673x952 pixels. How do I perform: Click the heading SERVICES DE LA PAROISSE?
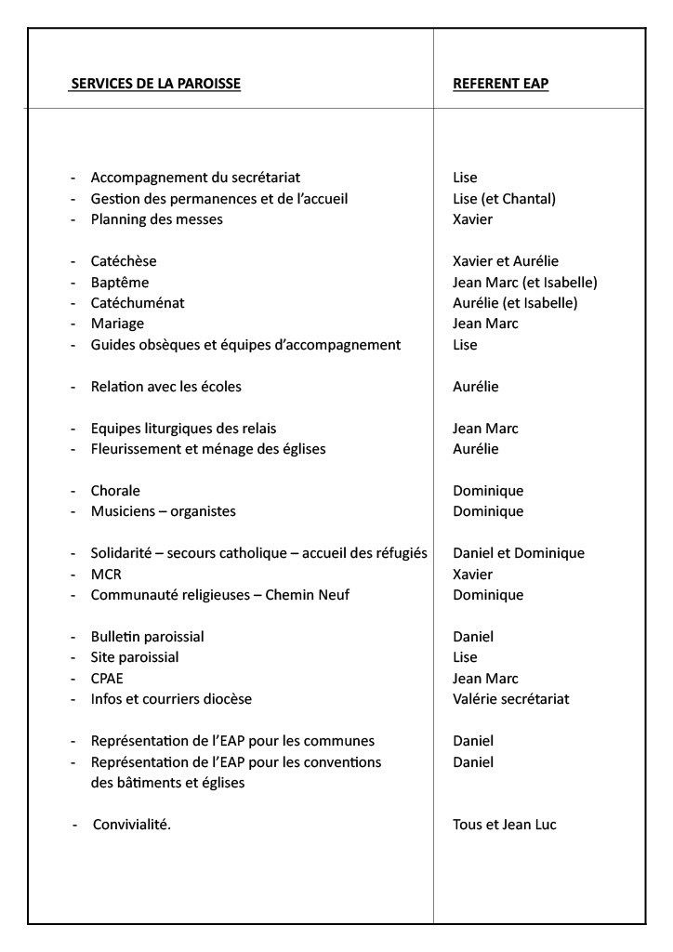pyautogui.click(x=156, y=84)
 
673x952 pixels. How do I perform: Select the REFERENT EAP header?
pyautogui.click(x=500, y=84)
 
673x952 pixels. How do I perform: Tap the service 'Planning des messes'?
pyautogui.click(x=156, y=219)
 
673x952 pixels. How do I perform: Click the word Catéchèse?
pyautogui.click(x=124, y=261)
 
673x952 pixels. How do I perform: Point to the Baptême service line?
pyautogui.click(x=119, y=283)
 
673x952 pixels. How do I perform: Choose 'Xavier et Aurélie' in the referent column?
pyautogui.click(x=506, y=261)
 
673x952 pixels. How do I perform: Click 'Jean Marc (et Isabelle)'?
pyautogui.click(x=524, y=283)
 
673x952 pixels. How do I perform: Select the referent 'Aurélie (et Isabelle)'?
pyautogui.click(x=515, y=303)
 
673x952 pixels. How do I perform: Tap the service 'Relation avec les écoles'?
pyautogui.click(x=165, y=387)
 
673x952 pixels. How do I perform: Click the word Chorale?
pyautogui.click(x=115, y=491)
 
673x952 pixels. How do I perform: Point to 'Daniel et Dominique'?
pyautogui.click(x=519, y=553)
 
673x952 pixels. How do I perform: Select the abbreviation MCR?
pyautogui.click(x=106, y=575)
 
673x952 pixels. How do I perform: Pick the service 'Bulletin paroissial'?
pyautogui.click(x=147, y=637)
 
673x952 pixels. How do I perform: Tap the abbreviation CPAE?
pyautogui.click(x=107, y=679)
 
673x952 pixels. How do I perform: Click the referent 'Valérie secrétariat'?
pyautogui.click(x=510, y=699)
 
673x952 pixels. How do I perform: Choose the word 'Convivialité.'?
pyautogui.click(x=131, y=825)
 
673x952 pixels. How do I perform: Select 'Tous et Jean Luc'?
pyautogui.click(x=504, y=825)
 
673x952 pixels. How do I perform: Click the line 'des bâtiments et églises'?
pyautogui.click(x=167, y=783)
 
